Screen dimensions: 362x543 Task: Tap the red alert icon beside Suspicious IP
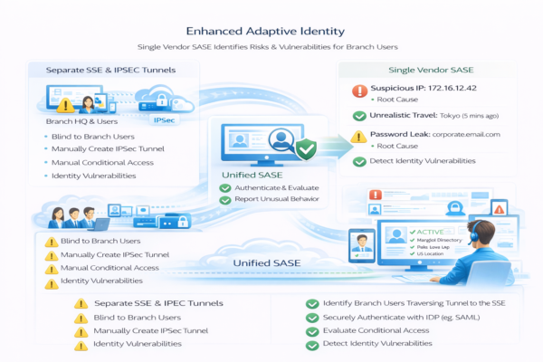click(361, 90)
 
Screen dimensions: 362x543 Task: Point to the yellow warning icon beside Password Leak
click(361, 135)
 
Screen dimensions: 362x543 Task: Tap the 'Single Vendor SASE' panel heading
click(432, 69)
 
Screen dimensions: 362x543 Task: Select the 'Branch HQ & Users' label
click(81, 120)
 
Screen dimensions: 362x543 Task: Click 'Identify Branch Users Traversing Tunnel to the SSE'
click(412, 303)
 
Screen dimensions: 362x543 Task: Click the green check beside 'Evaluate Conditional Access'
click(312, 332)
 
